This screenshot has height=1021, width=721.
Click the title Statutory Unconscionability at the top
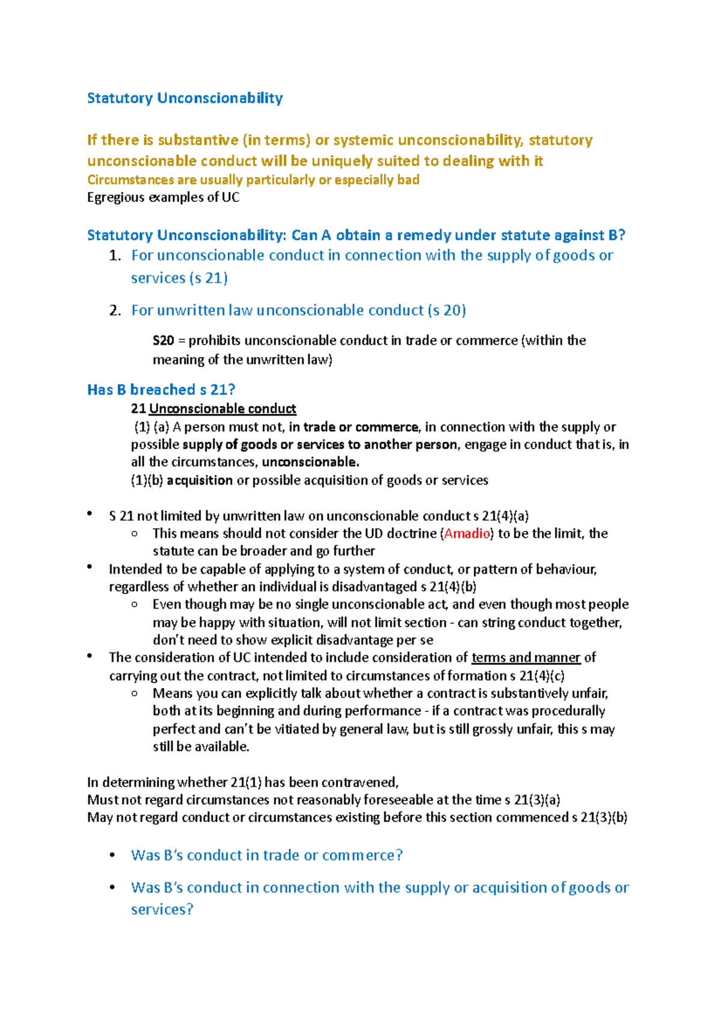[184, 98]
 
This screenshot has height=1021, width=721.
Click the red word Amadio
[467, 533]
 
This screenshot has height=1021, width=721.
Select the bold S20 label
[163, 340]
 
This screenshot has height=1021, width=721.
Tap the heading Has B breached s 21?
[160, 390]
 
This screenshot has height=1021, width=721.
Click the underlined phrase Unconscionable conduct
[222, 409]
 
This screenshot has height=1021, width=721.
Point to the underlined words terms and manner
[526, 658]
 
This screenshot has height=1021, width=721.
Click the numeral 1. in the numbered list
[115, 256]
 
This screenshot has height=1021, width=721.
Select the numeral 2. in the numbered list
[115, 310]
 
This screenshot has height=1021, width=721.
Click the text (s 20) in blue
[446, 310]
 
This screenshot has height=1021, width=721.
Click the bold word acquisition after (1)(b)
[199, 480]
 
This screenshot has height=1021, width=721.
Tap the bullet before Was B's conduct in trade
[112, 855]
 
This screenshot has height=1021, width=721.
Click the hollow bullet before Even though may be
[134, 605]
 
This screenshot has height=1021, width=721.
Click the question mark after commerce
[399, 855]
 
